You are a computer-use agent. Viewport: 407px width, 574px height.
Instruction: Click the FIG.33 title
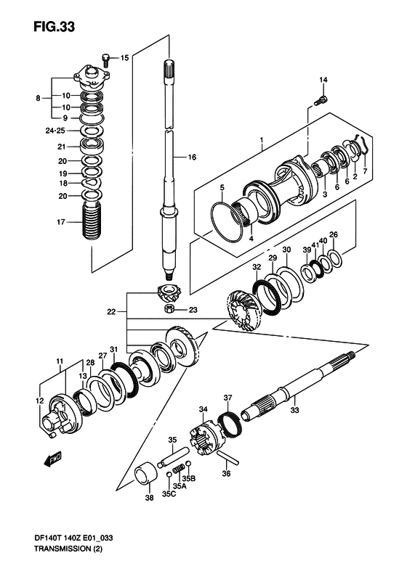pos(55,27)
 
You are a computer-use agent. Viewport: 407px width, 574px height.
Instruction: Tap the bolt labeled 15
pos(105,60)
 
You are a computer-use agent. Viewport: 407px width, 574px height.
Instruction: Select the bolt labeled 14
pos(321,100)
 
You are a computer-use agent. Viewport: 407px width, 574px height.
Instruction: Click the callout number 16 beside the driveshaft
pos(192,157)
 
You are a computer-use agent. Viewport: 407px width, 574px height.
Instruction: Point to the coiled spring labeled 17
pos(90,221)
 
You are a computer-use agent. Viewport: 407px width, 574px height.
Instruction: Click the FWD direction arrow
pos(52,458)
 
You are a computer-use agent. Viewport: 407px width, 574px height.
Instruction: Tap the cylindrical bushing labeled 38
pos(146,476)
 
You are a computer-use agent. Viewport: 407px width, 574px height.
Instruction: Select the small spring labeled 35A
pos(177,470)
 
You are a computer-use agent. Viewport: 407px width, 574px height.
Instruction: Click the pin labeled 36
pos(227,458)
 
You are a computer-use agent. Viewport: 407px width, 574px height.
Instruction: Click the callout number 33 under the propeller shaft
pos(294,410)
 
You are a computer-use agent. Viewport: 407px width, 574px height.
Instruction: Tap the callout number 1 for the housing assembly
pos(262,140)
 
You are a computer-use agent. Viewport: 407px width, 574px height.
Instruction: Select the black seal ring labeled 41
pos(316,268)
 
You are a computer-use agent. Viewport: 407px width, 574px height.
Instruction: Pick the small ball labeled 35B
pos(188,464)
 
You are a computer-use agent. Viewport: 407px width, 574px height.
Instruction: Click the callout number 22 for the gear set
pos(111,312)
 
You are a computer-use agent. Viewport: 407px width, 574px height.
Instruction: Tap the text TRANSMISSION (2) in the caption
pos(68,549)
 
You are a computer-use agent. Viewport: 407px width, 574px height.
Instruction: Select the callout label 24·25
pos(55,131)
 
